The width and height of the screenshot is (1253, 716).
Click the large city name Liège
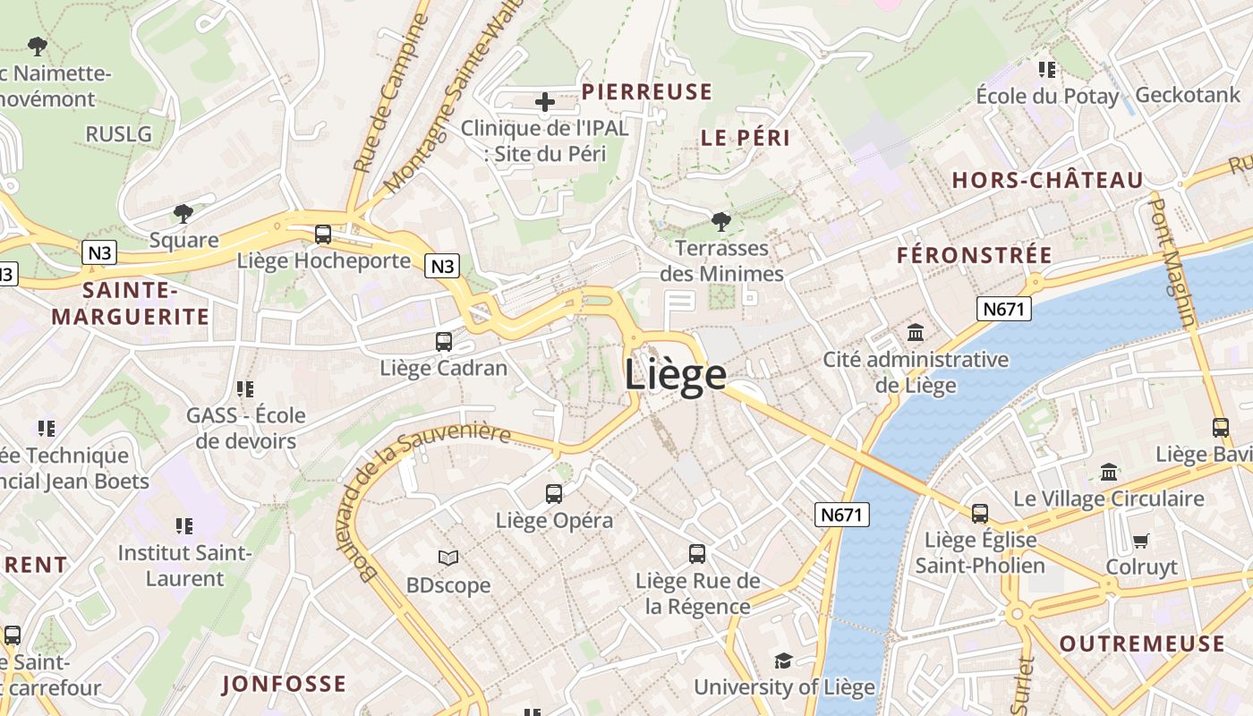pos(675,374)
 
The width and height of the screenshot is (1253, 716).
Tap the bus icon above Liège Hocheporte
pos(323,234)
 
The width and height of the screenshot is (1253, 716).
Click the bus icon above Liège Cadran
pos(443,341)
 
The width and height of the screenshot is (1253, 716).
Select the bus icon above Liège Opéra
pos(554,493)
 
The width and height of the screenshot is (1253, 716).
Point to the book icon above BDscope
pos(448,558)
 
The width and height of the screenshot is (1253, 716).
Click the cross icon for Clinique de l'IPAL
pos(544,102)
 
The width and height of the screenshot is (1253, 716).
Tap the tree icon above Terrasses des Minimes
pos(720,221)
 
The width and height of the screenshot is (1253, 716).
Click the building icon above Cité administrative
pos(916,333)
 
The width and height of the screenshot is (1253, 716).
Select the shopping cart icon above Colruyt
pos(1140,541)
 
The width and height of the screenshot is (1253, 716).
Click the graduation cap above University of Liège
pos(783,661)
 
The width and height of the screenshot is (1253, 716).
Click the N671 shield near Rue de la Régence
pos(842,515)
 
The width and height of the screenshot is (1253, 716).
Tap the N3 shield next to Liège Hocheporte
pos(443,266)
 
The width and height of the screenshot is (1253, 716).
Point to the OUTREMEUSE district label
pos(1142,644)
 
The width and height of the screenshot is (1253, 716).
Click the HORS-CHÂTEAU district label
pos(1047,181)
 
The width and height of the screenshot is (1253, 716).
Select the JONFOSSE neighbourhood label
pos(284,685)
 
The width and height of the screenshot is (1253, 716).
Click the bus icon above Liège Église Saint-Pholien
pos(980,513)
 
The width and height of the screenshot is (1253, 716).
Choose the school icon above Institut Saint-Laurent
pos(184,525)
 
